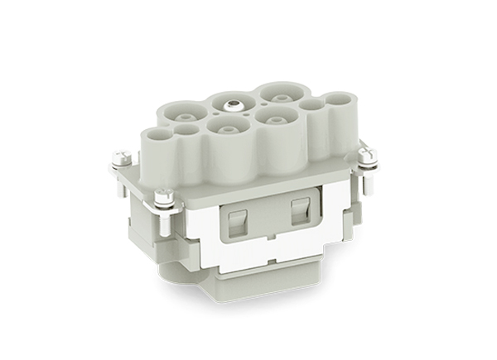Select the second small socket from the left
(188, 128)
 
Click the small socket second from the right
(311, 106)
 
